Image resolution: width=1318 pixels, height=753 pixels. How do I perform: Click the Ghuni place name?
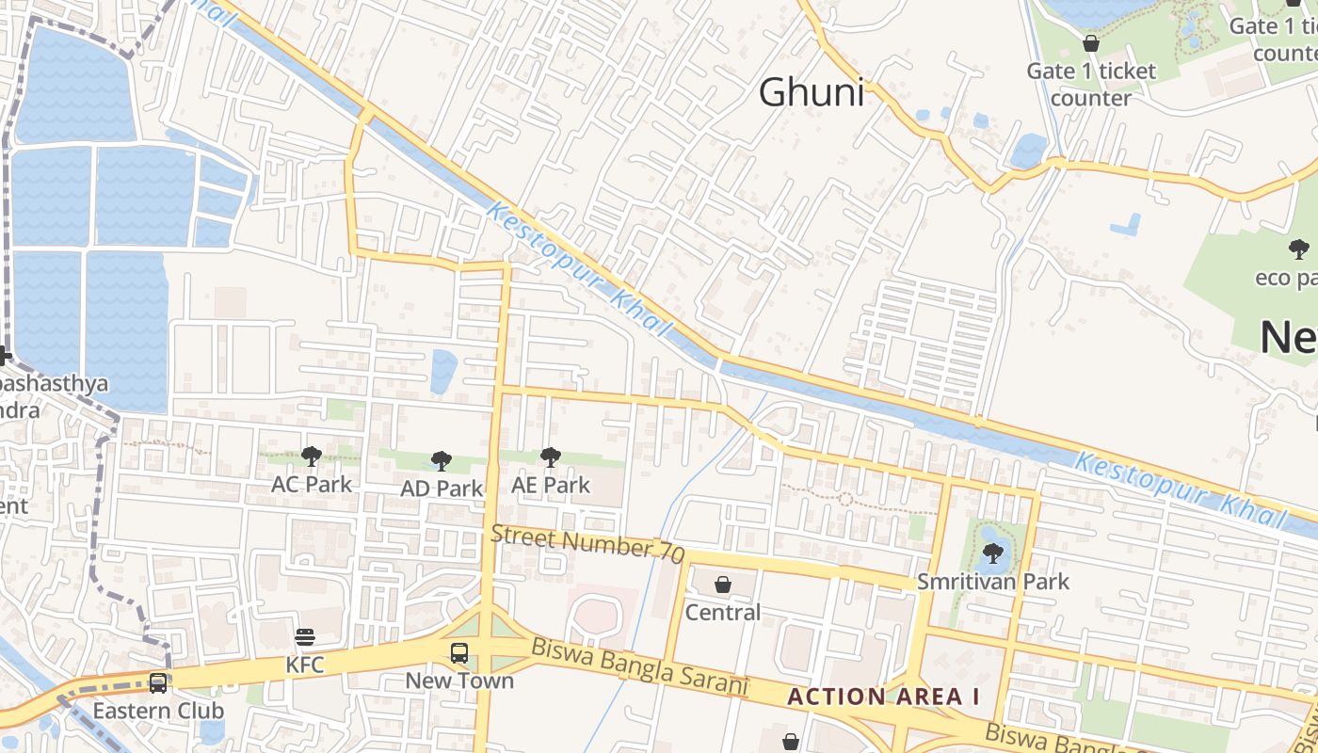[x=811, y=92]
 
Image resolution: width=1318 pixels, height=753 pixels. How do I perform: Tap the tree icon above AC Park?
[x=311, y=457]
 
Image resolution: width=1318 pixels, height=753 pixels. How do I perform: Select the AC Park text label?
[x=311, y=484]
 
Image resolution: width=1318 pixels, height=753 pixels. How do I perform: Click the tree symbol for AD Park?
[x=441, y=460]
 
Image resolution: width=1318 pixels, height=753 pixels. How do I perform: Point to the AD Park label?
[x=441, y=489]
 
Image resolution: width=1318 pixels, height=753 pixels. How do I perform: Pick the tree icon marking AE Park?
[x=550, y=457]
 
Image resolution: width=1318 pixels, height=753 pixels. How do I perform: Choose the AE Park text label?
[x=550, y=485]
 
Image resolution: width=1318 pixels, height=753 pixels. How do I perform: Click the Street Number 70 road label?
[x=587, y=544]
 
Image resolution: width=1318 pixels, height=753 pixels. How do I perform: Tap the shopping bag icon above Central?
[x=722, y=585]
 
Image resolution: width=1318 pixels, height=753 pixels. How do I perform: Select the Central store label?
[x=722, y=613]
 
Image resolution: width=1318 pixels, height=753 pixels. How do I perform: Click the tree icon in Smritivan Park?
[x=992, y=553]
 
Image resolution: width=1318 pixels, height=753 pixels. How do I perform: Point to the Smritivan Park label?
[x=993, y=582]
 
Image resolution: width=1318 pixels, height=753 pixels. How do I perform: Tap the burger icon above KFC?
[x=304, y=637]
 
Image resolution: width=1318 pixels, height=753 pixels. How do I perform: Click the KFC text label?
[x=305, y=665]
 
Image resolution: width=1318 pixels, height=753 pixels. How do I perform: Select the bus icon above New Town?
[x=459, y=652]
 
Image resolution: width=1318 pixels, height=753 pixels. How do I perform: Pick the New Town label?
[x=459, y=681]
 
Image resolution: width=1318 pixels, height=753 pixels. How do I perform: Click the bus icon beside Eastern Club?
[x=158, y=682]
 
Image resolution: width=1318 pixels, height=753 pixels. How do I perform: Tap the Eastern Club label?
[x=158, y=711]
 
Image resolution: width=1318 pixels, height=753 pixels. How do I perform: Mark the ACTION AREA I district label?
[x=883, y=697]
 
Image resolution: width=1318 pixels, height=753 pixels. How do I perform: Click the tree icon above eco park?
[x=1298, y=249]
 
